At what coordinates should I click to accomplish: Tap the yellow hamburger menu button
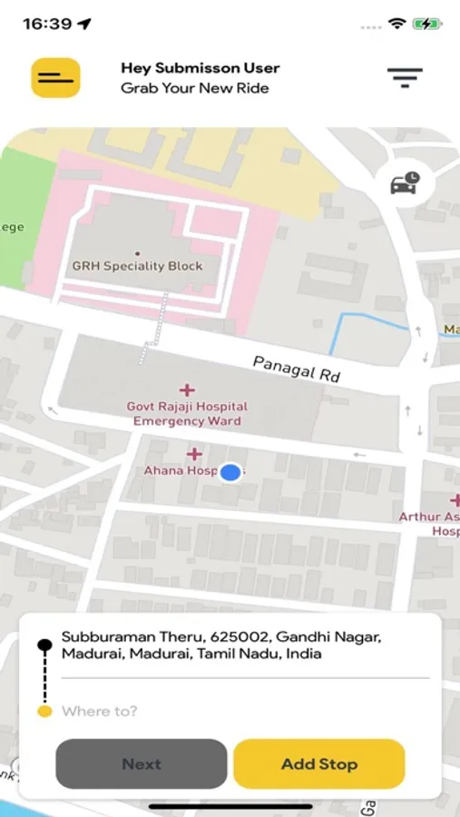(55, 78)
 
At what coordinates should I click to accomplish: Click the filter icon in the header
(405, 78)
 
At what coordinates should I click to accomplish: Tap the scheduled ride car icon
(405, 183)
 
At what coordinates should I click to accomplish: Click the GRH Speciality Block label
(137, 266)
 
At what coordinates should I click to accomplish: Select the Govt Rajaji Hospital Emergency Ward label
(187, 414)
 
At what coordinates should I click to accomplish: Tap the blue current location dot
(231, 472)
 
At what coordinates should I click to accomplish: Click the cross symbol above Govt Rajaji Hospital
(187, 390)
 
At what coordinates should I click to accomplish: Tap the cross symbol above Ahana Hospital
(194, 454)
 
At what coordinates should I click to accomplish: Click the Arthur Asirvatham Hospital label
(431, 524)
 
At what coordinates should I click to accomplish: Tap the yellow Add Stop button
(318, 763)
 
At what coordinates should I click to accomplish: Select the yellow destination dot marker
(44, 712)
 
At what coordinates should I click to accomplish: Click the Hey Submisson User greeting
(200, 68)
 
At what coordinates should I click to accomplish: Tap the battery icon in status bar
(426, 24)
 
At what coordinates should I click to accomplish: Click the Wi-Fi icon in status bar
(396, 24)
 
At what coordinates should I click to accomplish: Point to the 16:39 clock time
(47, 25)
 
